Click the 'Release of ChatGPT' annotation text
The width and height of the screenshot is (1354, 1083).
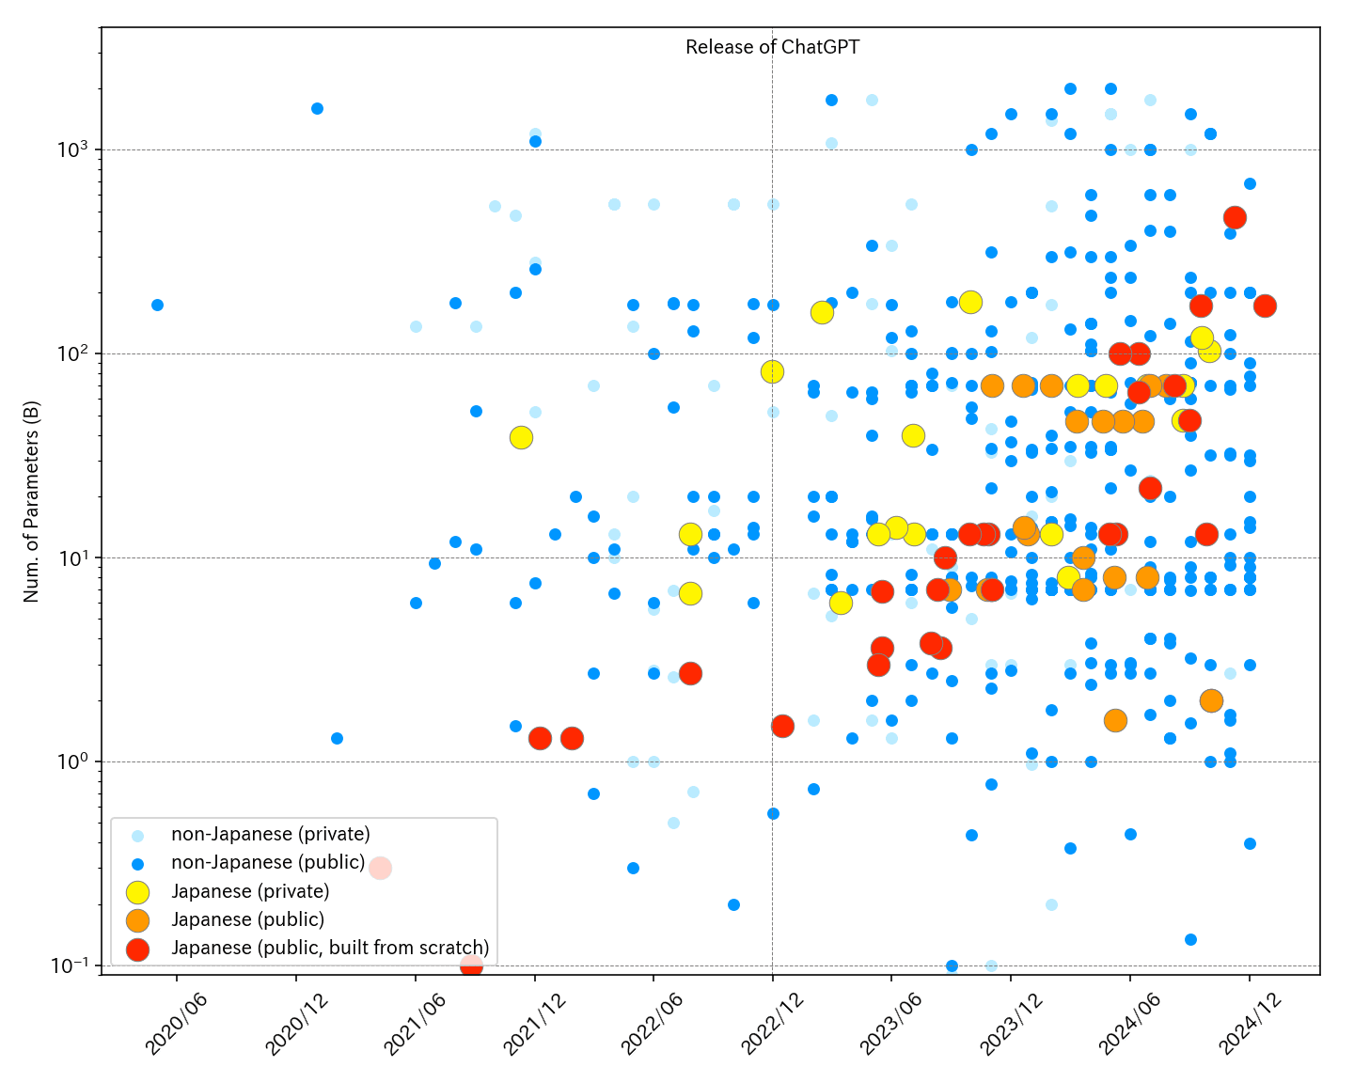tap(772, 47)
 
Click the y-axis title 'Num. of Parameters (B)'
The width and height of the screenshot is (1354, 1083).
tap(31, 501)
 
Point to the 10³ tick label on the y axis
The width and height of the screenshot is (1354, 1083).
tap(73, 149)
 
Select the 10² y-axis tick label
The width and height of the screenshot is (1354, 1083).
tap(73, 353)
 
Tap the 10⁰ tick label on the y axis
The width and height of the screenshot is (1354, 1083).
tap(73, 761)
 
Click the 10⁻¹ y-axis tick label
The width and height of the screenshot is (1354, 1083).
tap(71, 965)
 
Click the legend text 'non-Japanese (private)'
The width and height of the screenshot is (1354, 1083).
tap(271, 835)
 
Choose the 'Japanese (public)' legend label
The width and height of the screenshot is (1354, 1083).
tap(248, 920)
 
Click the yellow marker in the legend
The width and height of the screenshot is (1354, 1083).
tap(138, 892)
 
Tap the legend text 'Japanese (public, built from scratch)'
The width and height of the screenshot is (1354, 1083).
tap(330, 949)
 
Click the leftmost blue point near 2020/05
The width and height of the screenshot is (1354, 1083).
tap(157, 306)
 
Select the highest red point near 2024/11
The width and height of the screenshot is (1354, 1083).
tap(1235, 218)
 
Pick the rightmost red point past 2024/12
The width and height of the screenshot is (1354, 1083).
tap(1265, 306)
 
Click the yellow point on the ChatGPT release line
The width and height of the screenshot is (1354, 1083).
tap(772, 372)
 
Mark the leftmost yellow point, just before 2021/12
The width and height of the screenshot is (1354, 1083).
tap(521, 437)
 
